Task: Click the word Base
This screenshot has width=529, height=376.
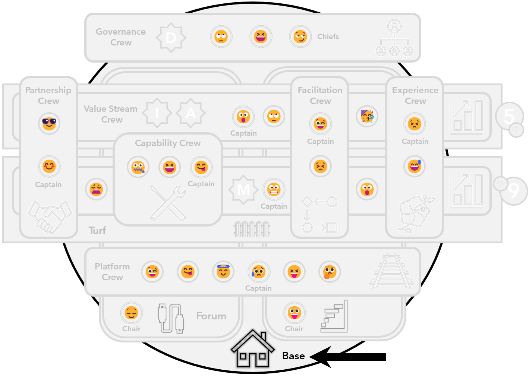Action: pyautogui.click(x=293, y=356)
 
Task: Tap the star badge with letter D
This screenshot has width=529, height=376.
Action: pyautogui.click(x=171, y=37)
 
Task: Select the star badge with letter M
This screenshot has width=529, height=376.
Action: pyautogui.click(x=243, y=190)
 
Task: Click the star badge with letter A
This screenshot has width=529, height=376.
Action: pyautogui.click(x=190, y=113)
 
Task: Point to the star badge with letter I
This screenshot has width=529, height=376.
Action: pyautogui.click(x=157, y=113)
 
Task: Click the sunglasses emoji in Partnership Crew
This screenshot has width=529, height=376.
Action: pyautogui.click(x=49, y=123)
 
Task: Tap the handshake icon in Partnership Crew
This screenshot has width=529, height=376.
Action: pyautogui.click(x=50, y=216)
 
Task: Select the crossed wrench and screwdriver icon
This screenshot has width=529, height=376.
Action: pyautogui.click(x=168, y=203)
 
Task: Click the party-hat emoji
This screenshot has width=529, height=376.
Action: pyautogui.click(x=367, y=116)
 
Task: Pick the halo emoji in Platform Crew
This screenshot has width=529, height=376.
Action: pyautogui.click(x=223, y=271)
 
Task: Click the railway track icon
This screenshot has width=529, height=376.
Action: pyautogui.click(x=391, y=271)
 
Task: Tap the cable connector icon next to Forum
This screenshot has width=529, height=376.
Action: pyautogui.click(x=171, y=318)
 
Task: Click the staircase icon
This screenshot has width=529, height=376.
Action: pyautogui.click(x=334, y=316)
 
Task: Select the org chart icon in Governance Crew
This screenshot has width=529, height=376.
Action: pyautogui.click(x=394, y=38)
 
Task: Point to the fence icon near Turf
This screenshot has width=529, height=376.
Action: pyautogui.click(x=252, y=229)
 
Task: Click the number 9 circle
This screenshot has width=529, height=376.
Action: pyautogui.click(x=514, y=191)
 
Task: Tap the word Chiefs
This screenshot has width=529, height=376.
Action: pyautogui.click(x=328, y=37)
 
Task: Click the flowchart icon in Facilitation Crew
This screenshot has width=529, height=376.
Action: pyautogui.click(x=319, y=214)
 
